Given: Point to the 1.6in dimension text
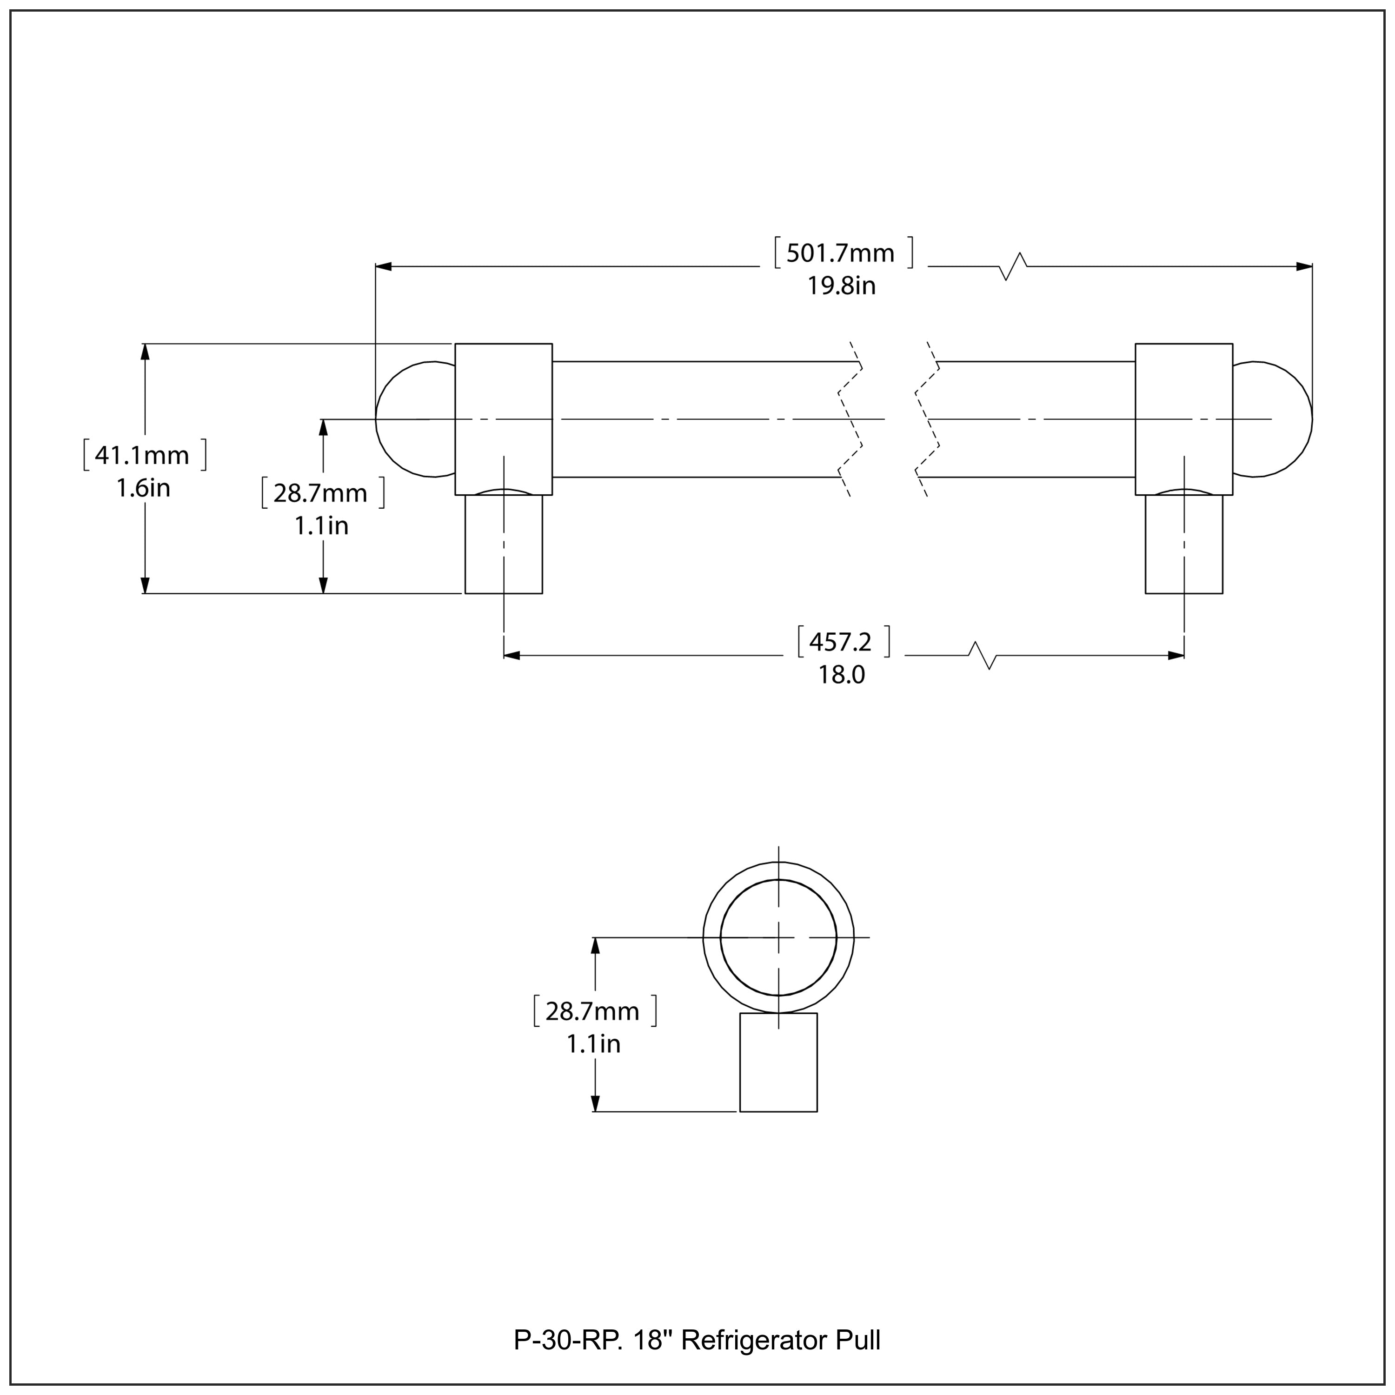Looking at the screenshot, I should [x=143, y=489].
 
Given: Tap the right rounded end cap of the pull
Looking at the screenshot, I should [x=1275, y=419].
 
